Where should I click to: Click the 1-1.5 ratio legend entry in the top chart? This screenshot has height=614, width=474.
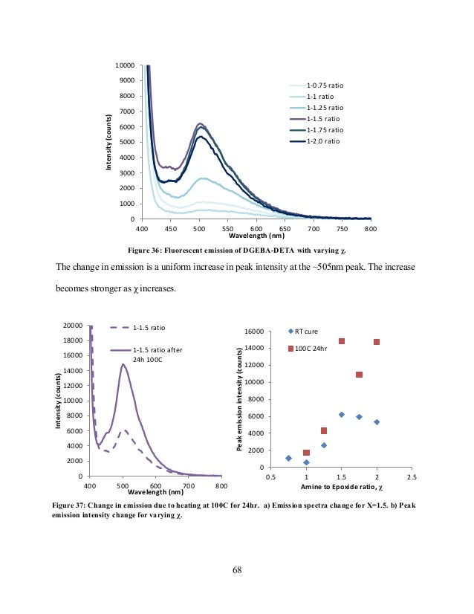[322, 118]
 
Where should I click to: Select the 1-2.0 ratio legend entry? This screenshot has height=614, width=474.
[322, 140]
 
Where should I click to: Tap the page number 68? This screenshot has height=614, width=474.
[236, 571]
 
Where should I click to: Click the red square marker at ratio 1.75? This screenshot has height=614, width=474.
[359, 375]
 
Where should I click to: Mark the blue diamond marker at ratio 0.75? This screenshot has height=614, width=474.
[288, 458]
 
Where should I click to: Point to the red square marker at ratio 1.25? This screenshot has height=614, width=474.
[324, 430]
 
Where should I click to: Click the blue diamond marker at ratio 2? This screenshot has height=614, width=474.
[377, 422]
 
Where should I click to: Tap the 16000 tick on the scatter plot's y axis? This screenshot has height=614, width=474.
[257, 331]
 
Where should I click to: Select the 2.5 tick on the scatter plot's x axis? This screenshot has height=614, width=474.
[412, 476]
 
